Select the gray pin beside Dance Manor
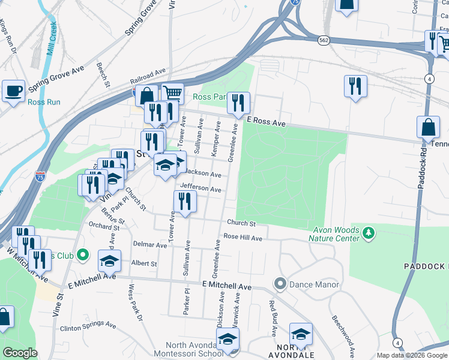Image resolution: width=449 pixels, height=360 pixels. click(280, 284)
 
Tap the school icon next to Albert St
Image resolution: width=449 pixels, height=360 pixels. click(109, 261)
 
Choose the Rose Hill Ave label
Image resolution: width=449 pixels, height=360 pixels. click(243, 238)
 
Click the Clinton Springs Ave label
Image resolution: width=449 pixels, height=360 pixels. click(87, 328)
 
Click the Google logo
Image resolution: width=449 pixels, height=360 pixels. click(20, 353)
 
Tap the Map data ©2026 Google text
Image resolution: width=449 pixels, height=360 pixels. click(412, 355)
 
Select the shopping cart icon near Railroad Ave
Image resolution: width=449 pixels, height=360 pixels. click(173, 93)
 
